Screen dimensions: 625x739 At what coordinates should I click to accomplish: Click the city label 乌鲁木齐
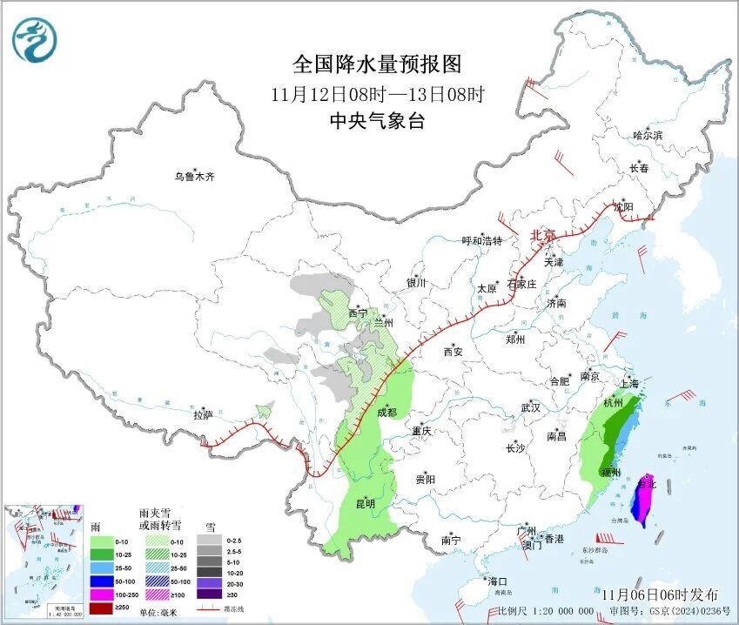tap(193, 177)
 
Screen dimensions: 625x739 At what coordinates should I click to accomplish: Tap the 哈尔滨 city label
tap(648, 135)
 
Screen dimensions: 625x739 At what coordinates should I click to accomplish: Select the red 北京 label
tap(543, 234)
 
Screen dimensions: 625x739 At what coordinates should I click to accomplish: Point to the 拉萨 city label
tap(203, 415)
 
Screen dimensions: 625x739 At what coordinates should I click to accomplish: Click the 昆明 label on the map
tap(365, 503)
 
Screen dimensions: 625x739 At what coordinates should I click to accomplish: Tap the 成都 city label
tap(387, 412)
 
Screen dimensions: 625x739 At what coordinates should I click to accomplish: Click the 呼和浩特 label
tap(481, 241)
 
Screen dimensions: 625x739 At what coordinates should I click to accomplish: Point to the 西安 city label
tap(453, 352)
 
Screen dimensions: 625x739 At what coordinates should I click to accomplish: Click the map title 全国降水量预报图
tap(377, 64)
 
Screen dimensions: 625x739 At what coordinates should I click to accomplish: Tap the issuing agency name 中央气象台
tap(377, 122)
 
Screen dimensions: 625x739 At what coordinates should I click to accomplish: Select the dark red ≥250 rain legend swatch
tap(102, 607)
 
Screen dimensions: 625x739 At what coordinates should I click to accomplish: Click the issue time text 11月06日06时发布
tap(661, 594)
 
